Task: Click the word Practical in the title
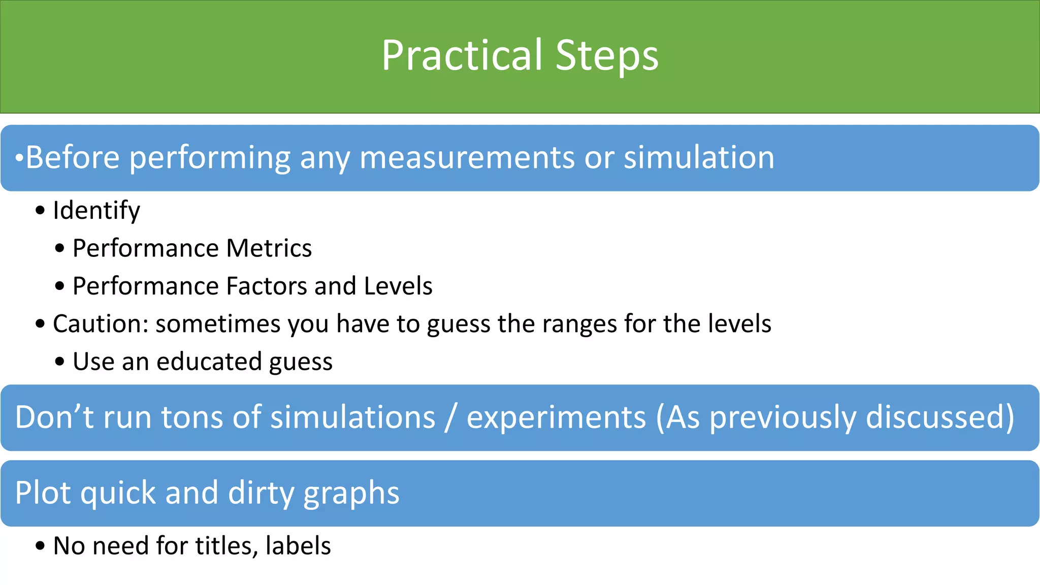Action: [462, 55]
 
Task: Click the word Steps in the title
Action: [607, 55]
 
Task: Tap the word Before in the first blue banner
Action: [73, 157]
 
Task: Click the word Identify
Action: [96, 211]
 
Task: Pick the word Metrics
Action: [269, 248]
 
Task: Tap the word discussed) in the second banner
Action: [940, 417]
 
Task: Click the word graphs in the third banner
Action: [351, 494]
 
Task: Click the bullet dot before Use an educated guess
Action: [60, 362]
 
